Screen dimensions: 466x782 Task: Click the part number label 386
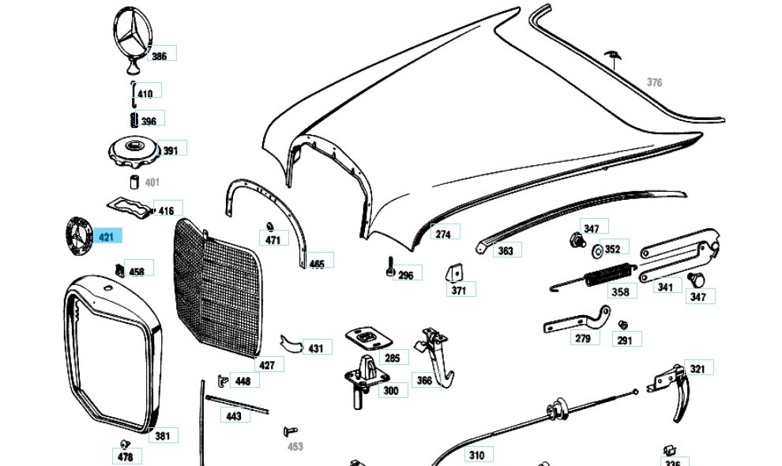[x=160, y=56]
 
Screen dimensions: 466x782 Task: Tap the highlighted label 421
[x=106, y=237]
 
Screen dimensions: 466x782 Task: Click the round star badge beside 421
[x=79, y=235]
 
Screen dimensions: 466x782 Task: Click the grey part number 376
[x=654, y=82]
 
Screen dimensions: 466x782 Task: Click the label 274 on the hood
[x=443, y=234]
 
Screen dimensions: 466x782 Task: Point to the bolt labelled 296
[x=389, y=266]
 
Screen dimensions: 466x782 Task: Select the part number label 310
[x=476, y=455]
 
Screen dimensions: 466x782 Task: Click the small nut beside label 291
[x=622, y=324]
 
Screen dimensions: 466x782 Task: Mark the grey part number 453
[x=295, y=446]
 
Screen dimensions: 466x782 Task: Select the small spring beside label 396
[x=133, y=120]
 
